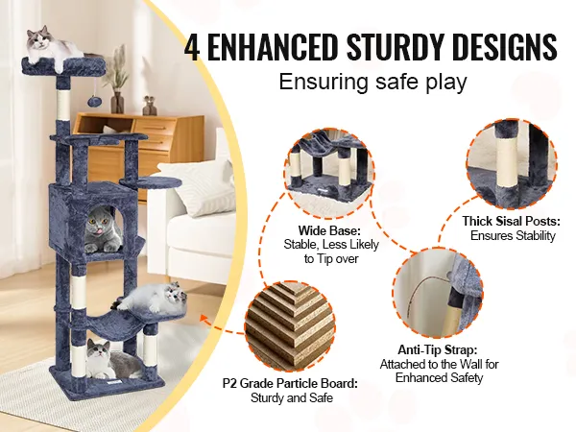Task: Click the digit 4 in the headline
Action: (192, 47)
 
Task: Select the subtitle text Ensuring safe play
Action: (372, 82)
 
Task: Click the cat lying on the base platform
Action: (110, 359)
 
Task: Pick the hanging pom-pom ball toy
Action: (93, 101)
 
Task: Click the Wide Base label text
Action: (330, 231)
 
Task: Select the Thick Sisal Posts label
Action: (511, 221)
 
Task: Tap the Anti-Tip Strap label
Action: (438, 349)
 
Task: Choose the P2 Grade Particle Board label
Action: (290, 383)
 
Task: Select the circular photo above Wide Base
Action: (330, 172)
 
